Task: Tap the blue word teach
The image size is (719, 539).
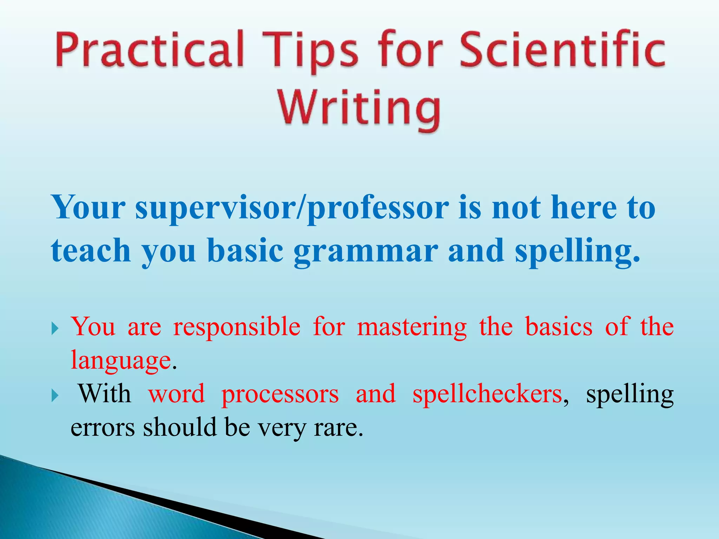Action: pyautogui.click(x=91, y=251)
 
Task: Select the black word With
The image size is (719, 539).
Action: pyautogui.click(x=104, y=394)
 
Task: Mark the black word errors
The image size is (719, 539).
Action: pyautogui.click(x=103, y=428)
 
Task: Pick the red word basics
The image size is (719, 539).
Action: pyautogui.click(x=559, y=327)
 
